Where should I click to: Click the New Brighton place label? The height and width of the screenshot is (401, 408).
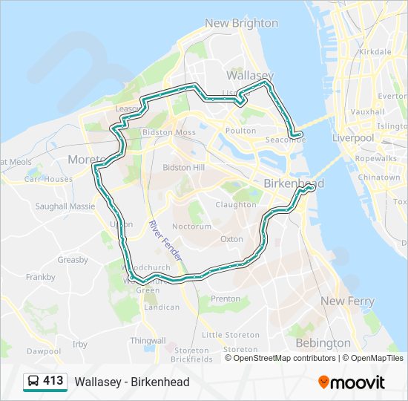pyautogui.click(x=241, y=23)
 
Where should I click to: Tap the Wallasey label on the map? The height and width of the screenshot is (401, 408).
pyautogui.click(x=250, y=76)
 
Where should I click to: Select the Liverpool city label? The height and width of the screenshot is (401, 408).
pyautogui.click(x=352, y=138)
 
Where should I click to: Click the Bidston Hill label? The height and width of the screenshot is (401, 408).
pyautogui.click(x=183, y=168)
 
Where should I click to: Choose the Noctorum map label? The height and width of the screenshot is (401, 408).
pyautogui.click(x=186, y=226)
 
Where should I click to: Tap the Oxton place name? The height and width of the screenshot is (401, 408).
pyautogui.click(x=231, y=239)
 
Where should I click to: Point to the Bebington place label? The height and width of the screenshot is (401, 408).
pyautogui.click(x=323, y=343)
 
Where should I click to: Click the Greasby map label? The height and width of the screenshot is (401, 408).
pyautogui.click(x=73, y=260)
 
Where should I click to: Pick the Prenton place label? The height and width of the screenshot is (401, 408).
pyautogui.click(x=226, y=299)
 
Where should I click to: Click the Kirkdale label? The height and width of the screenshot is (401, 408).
pyautogui.click(x=374, y=52)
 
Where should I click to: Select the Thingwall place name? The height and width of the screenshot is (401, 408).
pyautogui.click(x=148, y=340)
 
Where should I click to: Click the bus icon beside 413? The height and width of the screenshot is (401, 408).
pyautogui.click(x=33, y=382)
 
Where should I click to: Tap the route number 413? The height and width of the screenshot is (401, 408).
pyautogui.click(x=53, y=381)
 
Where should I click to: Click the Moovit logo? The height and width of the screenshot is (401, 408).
pyautogui.click(x=352, y=382)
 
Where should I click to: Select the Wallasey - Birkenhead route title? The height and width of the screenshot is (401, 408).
pyautogui.click(x=132, y=382)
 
